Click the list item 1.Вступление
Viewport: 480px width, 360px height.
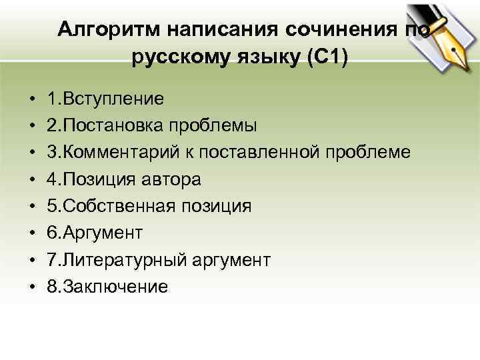pos(105,99)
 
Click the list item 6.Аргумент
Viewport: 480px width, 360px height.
pos(95,233)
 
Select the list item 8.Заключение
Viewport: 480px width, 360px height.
pos(107,287)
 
